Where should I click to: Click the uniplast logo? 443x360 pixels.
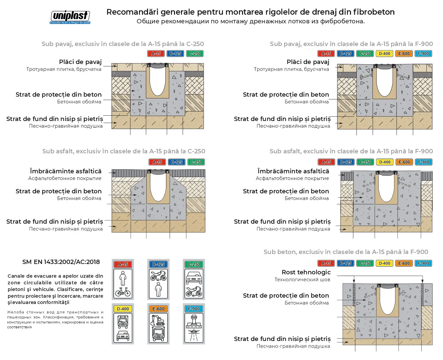tap(70, 17)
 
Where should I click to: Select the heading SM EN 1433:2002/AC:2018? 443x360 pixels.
tap(61, 262)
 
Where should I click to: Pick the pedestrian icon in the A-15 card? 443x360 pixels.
tap(123, 278)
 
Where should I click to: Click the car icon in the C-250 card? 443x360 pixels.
tap(194, 278)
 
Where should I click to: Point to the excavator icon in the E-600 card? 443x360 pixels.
tap(158, 320)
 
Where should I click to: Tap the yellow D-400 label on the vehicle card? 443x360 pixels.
tap(123, 309)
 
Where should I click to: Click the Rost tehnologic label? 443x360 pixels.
tap(306, 272)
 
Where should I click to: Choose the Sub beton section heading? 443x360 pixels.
tap(346, 252)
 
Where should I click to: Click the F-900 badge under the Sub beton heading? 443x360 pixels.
tap(423, 263)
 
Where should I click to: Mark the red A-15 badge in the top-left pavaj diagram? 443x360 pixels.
tap(156, 54)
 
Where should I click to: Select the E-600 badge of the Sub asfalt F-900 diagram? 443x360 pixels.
tap(404, 162)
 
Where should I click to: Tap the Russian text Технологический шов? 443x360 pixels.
tap(302, 280)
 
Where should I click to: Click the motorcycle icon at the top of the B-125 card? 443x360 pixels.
tap(158, 275)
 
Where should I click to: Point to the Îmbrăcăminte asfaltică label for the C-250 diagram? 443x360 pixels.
tap(66, 171)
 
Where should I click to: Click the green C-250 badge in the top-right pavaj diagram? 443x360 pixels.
tap(365, 54)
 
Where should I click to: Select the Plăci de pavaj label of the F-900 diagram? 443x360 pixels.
tap(308, 62)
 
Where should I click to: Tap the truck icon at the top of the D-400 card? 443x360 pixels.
tap(123, 321)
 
